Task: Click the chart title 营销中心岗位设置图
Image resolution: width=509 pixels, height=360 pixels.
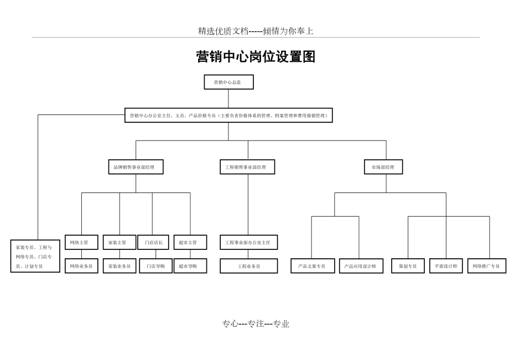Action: click(256, 57)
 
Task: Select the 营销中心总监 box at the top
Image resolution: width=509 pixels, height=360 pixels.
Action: click(228, 82)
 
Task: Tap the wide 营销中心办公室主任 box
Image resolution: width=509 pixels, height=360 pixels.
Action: click(228, 116)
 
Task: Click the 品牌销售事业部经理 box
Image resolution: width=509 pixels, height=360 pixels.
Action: click(136, 167)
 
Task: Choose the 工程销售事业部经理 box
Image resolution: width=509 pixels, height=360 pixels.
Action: click(247, 167)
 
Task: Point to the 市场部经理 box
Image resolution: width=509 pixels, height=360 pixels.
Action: click(383, 167)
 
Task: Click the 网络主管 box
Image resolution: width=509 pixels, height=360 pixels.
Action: click(81, 242)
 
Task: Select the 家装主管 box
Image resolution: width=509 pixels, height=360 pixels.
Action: click(119, 242)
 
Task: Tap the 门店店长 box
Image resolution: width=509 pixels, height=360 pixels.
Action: click(153, 242)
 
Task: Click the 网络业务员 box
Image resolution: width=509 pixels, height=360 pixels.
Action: click(81, 266)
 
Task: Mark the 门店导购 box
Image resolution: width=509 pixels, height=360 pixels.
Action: click(155, 266)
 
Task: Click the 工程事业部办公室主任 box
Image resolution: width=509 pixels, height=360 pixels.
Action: click(248, 242)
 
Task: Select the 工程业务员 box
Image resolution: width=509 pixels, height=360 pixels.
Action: click(248, 266)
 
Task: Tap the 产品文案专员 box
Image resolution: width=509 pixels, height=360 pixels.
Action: click(313, 266)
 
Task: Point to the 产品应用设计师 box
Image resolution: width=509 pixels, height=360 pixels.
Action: click(360, 266)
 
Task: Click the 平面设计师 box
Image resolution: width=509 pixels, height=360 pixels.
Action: click(445, 266)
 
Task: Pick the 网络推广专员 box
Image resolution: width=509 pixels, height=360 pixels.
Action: click(486, 266)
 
